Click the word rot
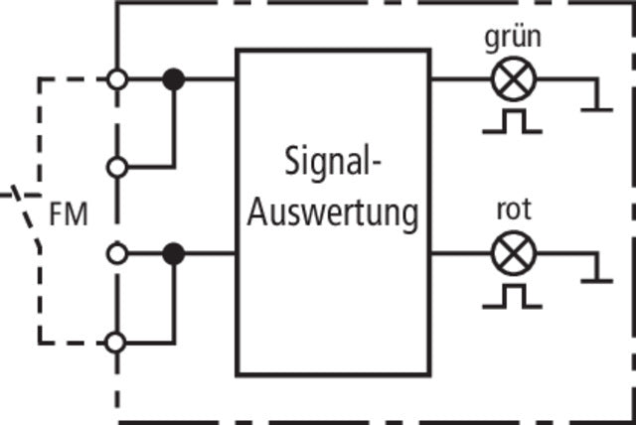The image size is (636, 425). tap(513, 211)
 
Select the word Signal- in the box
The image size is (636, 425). tap(333, 163)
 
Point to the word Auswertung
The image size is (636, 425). tap(333, 212)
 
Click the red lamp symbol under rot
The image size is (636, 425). tap(513, 254)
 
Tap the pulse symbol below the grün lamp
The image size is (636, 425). tap(513, 121)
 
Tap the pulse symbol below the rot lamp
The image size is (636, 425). tap(513, 296)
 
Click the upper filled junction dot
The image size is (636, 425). tap(174, 79)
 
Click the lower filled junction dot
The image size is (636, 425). tap(174, 254)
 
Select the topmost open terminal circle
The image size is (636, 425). tap(117, 79)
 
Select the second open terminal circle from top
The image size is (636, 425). tap(117, 167)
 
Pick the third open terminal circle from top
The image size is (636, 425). tap(117, 254)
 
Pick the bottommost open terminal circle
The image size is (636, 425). tap(117, 342)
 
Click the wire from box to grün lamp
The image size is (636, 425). tap(460, 79)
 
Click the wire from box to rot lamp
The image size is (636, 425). tap(460, 254)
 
